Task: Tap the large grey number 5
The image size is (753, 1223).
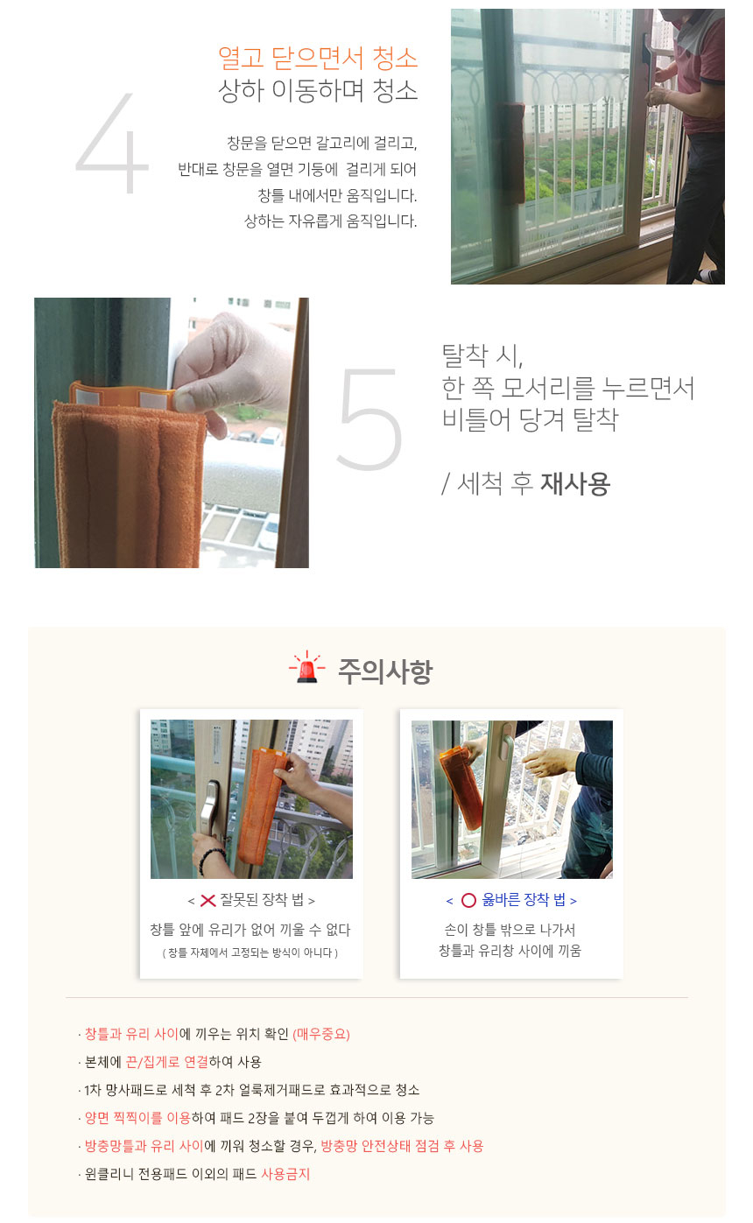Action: [x=370, y=418]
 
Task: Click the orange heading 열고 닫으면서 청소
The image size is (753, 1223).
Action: [x=318, y=58]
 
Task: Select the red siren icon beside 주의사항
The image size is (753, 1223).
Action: [x=306, y=667]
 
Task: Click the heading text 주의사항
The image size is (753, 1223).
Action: [x=385, y=671]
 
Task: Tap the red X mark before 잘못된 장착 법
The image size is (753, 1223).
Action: [x=208, y=900]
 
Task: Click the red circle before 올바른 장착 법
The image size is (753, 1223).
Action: [x=468, y=900]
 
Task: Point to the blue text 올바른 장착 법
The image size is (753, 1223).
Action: [x=523, y=900]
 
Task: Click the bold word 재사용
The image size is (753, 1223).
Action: [x=575, y=484]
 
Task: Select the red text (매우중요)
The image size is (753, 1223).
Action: [x=321, y=1034]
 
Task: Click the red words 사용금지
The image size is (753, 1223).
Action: [x=285, y=1174]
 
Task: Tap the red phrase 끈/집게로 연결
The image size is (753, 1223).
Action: [x=167, y=1062]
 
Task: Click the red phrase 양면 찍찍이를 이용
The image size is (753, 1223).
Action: [x=137, y=1118]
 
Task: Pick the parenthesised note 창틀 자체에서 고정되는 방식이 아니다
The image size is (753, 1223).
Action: [x=250, y=952]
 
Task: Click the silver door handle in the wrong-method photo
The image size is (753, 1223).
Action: [x=208, y=809]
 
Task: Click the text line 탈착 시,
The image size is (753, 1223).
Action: [x=482, y=356]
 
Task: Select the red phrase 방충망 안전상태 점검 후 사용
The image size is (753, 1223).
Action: [x=402, y=1145]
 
